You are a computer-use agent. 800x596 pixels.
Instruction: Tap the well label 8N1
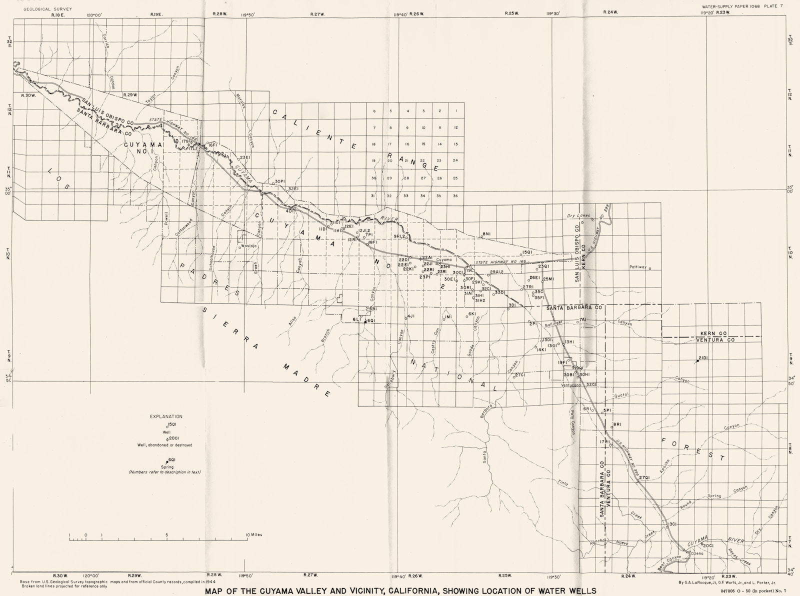point(487,233)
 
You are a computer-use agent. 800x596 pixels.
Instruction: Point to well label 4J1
point(411,316)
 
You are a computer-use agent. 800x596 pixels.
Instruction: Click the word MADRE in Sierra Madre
point(306,379)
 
